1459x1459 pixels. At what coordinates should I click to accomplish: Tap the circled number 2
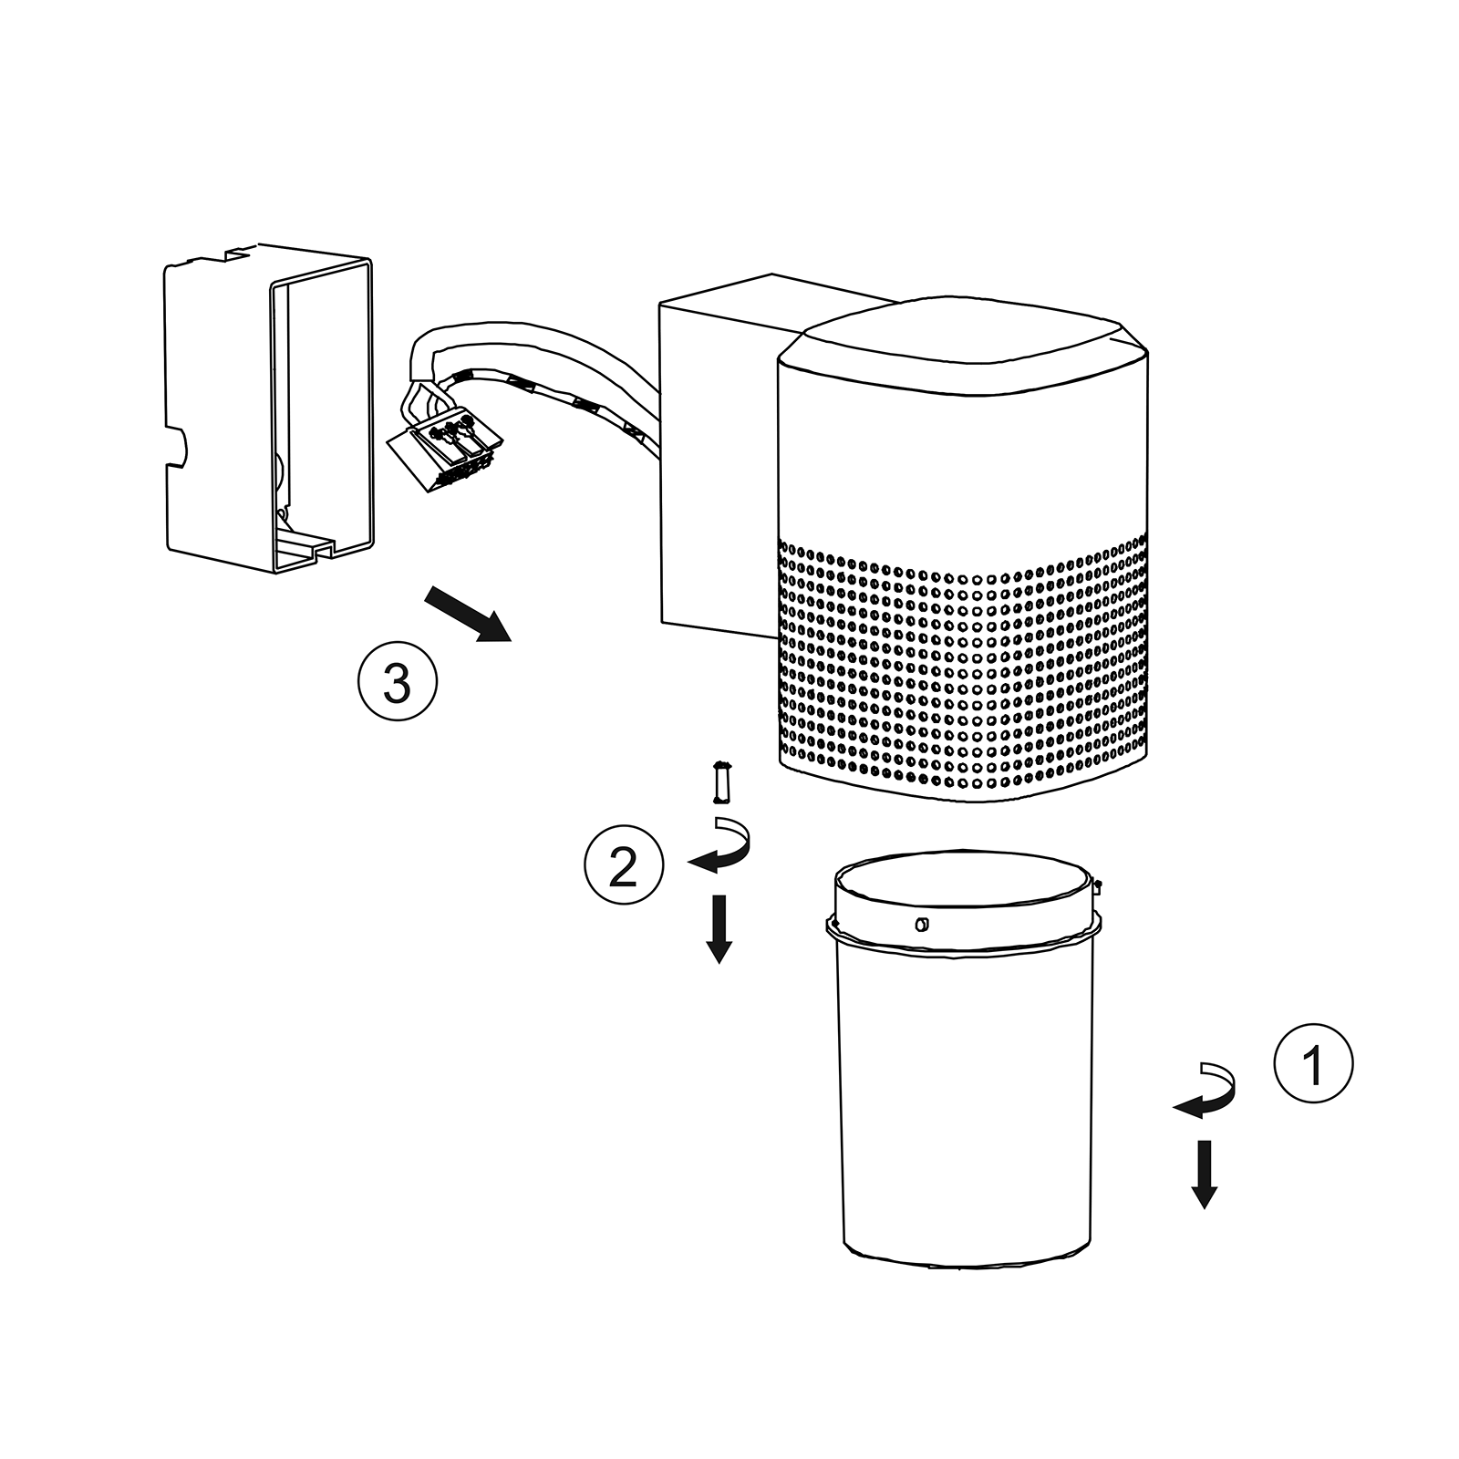coord(624,865)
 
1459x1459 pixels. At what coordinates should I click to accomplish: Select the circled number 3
coord(397,681)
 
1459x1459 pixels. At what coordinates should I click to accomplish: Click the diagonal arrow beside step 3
coord(467,615)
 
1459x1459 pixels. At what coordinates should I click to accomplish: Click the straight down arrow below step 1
coord(1205,1174)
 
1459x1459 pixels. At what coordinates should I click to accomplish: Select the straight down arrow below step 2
coord(719,929)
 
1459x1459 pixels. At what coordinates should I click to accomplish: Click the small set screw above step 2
coord(722,781)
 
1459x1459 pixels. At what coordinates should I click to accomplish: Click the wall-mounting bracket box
coord(269,408)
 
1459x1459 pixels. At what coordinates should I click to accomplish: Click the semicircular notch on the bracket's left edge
coord(177,447)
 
